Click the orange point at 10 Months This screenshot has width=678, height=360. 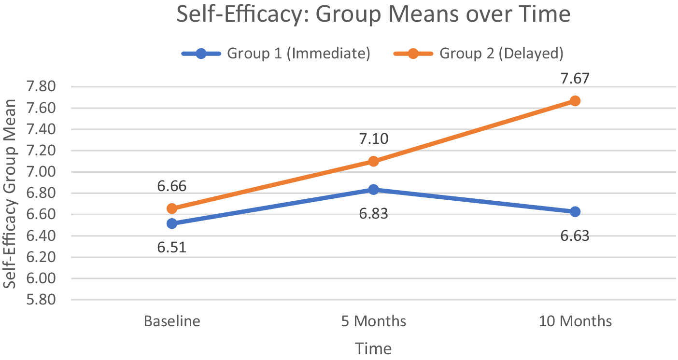click(x=575, y=101)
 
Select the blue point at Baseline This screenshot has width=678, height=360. click(x=172, y=224)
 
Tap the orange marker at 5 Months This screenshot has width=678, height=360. click(x=373, y=161)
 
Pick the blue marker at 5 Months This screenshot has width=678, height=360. click(x=373, y=190)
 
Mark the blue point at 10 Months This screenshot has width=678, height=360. click(x=575, y=211)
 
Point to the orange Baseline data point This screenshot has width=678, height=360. click(x=172, y=208)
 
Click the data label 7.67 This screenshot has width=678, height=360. click(x=575, y=79)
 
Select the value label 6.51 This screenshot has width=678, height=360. click(x=171, y=248)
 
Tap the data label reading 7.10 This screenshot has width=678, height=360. click(x=373, y=139)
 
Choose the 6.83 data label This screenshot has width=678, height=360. click(x=373, y=214)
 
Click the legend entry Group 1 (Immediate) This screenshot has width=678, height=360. click(x=276, y=54)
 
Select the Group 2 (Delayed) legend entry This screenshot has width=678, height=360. click(x=479, y=54)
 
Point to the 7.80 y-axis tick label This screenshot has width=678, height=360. click(x=41, y=86)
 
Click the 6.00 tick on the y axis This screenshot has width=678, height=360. click(x=41, y=278)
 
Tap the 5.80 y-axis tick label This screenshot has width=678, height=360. click(x=41, y=300)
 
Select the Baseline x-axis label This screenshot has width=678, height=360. click(x=172, y=321)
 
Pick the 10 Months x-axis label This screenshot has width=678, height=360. click(x=575, y=321)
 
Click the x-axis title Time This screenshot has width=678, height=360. click(x=373, y=348)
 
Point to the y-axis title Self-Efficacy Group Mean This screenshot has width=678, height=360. click(x=9, y=194)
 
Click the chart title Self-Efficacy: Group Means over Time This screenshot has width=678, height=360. click(x=373, y=14)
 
